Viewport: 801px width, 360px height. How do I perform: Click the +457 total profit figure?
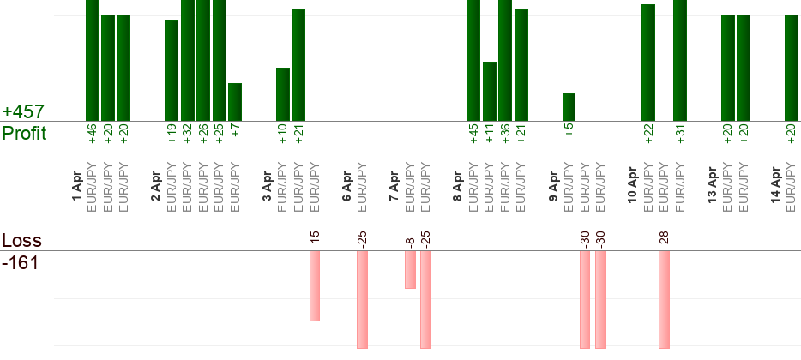tap(23, 112)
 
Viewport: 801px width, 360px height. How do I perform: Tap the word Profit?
tap(24, 134)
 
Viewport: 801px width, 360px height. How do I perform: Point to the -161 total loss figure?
tap(21, 262)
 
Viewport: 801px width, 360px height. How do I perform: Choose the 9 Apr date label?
tap(554, 187)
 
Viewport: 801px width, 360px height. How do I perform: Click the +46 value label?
tap(92, 134)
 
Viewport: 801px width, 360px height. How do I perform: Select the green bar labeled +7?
tap(235, 102)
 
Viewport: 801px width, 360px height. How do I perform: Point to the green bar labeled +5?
tap(569, 107)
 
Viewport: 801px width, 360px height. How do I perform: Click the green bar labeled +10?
tap(283, 94)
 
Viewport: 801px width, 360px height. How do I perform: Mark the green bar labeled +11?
tap(490, 91)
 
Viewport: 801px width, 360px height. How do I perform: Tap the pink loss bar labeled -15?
tap(315, 286)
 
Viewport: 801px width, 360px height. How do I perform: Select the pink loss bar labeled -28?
tap(664, 299)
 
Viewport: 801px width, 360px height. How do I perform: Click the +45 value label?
tap(473, 134)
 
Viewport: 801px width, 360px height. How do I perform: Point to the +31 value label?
tap(680, 134)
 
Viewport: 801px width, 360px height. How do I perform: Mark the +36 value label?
tap(505, 134)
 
